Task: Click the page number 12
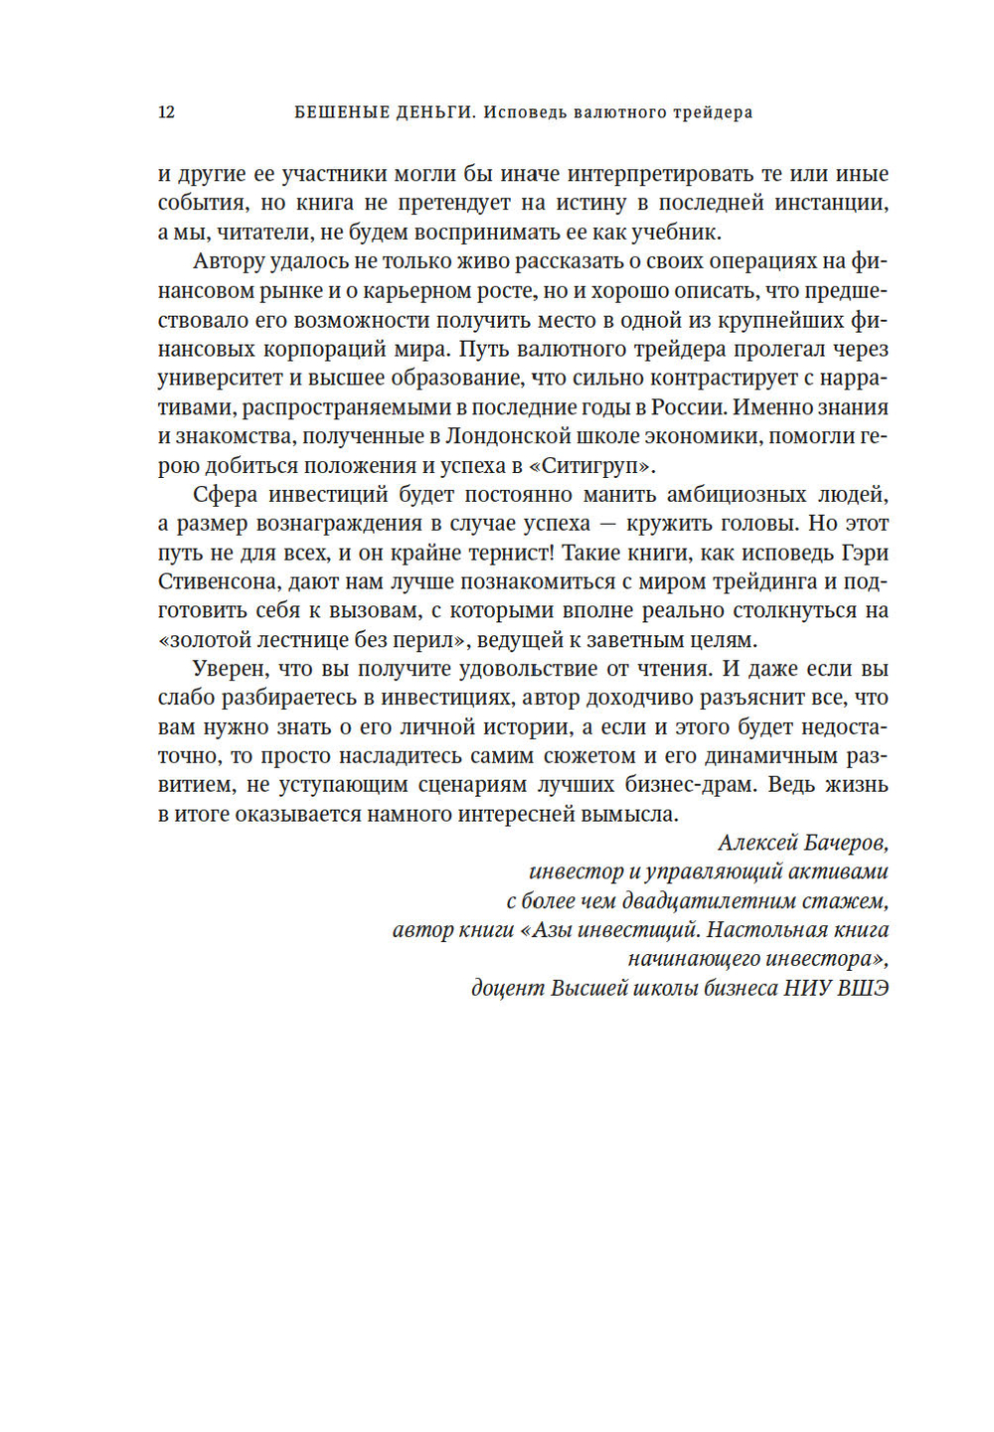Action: coord(166,112)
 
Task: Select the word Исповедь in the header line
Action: coord(523,112)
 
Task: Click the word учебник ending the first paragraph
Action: coord(675,233)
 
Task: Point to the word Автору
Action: coord(229,261)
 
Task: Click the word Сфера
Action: coord(225,494)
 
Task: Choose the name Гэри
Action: coord(863,553)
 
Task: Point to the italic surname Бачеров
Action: coord(845,844)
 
